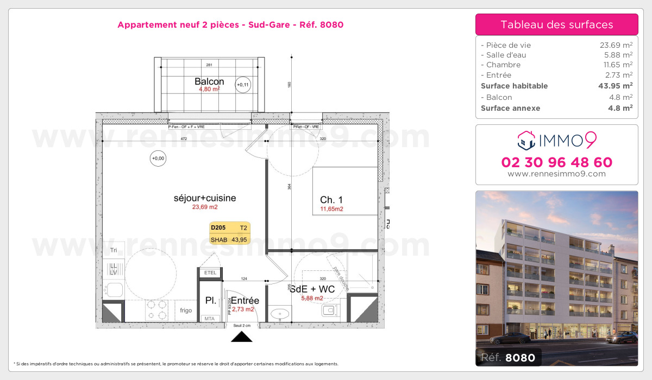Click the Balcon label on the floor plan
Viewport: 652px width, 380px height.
coord(209,81)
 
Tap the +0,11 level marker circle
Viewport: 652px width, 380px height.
coord(243,85)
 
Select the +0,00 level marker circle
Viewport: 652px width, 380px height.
coord(158,159)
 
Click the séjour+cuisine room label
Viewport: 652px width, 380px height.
coord(204,198)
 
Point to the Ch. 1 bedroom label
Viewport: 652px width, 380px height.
coord(331,199)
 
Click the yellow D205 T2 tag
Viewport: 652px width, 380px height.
coord(230,233)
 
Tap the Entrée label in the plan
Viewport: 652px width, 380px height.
coord(245,300)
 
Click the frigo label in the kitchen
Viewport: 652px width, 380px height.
coord(186,311)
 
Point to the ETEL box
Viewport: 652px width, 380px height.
coord(210,273)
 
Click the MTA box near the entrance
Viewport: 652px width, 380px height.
coord(209,318)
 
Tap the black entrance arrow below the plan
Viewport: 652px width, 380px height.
coord(242,337)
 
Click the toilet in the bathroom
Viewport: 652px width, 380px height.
coord(329,311)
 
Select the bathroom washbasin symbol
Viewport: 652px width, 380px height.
coord(282,314)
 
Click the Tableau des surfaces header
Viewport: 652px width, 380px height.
coord(556,24)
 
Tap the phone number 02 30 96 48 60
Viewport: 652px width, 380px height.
coord(556,162)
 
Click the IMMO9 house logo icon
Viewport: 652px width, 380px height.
coord(526,140)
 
